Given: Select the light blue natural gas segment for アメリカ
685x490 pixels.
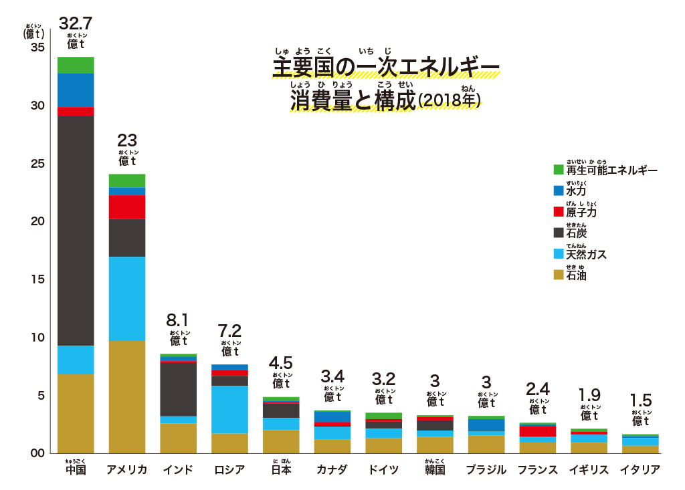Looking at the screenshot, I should click(127, 298).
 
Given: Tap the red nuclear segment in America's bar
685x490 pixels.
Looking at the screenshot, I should click(127, 207).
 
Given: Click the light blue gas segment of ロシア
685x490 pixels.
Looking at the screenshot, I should click(230, 409).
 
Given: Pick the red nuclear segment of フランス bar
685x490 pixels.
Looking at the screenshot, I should click(538, 431).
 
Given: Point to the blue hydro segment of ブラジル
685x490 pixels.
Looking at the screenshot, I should click(486, 425).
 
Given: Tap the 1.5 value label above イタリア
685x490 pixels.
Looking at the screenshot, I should click(641, 400).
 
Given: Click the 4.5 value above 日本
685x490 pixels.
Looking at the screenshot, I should click(281, 363).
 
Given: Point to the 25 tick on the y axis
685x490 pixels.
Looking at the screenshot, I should click(38, 164).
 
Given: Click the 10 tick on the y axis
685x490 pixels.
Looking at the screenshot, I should click(38, 338).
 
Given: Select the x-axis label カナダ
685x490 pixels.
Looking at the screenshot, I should click(332, 470).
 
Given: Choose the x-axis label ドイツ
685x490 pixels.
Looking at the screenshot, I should click(384, 470).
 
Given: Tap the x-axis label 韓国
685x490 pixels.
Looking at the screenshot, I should click(435, 470).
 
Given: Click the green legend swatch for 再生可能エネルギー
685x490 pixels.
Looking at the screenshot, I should click(559, 170).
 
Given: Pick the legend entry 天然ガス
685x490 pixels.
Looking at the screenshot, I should click(586, 255).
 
